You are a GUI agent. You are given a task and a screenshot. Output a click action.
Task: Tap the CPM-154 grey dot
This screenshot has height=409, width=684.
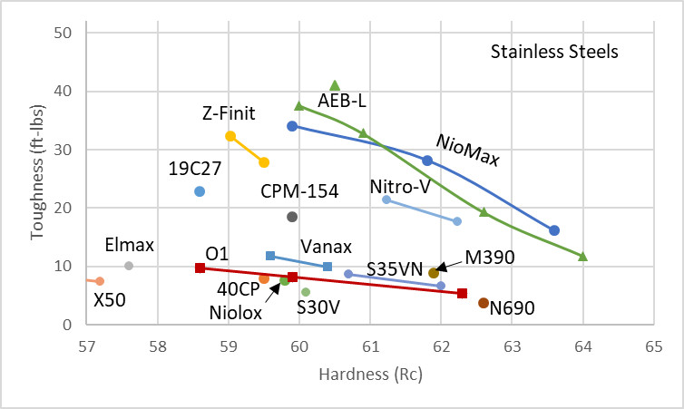(292, 217)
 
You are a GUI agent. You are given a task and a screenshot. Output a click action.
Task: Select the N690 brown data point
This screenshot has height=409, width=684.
(484, 303)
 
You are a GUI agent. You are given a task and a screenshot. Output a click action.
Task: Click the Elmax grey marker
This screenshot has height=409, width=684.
(129, 266)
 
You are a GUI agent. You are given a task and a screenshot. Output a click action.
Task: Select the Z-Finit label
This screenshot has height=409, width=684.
(229, 113)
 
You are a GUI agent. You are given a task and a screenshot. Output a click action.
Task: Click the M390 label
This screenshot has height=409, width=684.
(490, 258)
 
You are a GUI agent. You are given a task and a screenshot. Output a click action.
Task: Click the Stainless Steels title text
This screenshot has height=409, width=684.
(554, 52)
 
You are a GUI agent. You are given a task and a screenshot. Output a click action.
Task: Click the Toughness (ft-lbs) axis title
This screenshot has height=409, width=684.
(36, 178)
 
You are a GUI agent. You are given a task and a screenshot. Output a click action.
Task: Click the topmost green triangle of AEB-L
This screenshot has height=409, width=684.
(335, 85)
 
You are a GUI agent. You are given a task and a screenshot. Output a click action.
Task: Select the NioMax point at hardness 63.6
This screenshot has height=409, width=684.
(554, 230)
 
